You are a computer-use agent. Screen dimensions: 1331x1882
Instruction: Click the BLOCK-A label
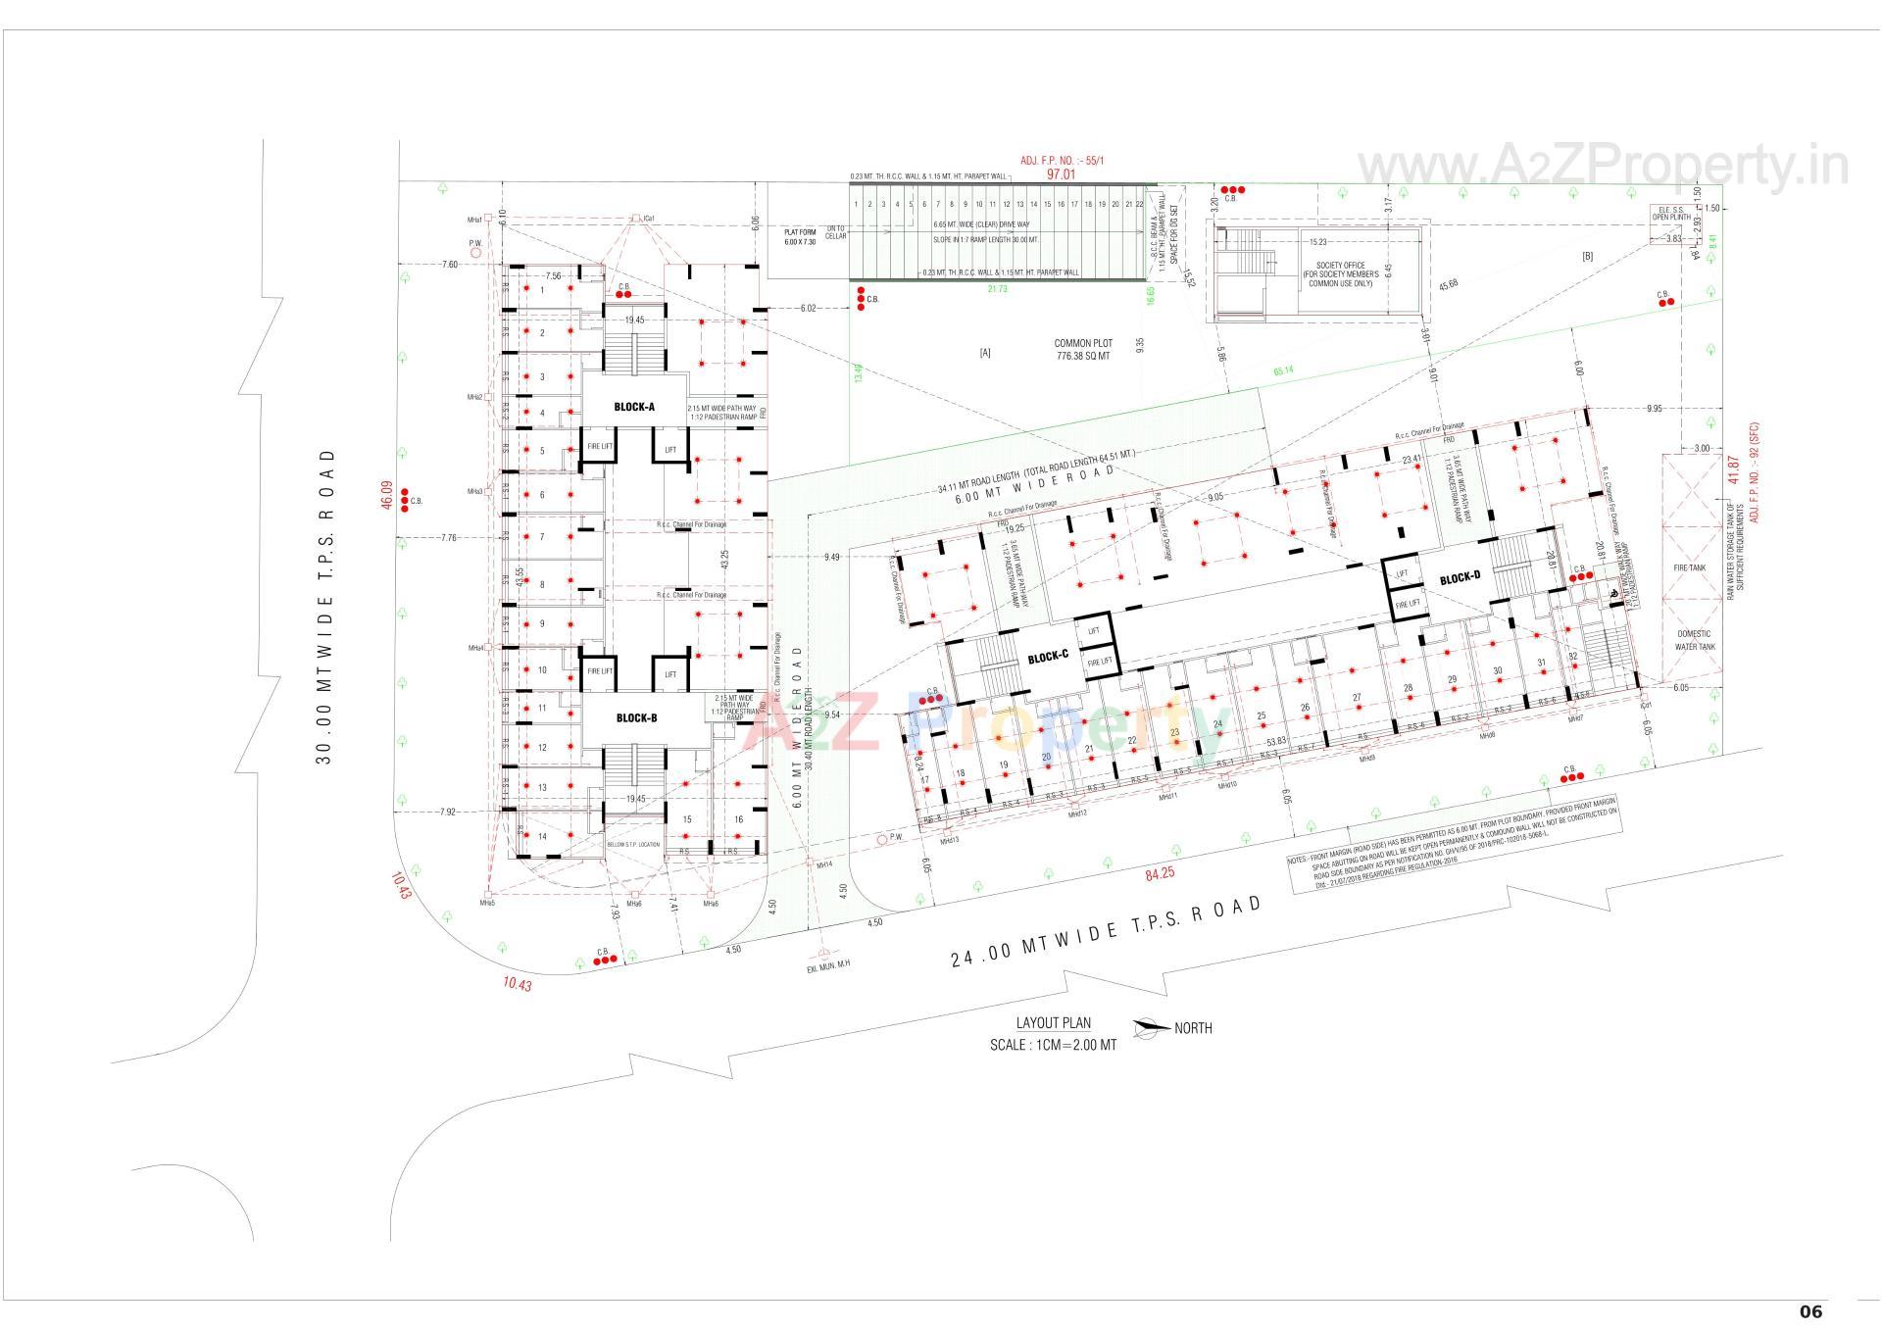634,407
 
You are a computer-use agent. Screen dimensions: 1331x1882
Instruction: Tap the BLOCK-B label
636,717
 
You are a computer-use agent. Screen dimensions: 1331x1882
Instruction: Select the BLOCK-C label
1048,657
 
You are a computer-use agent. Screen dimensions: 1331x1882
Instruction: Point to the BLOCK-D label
1460,578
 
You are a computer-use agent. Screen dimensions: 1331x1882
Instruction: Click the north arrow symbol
1151,1028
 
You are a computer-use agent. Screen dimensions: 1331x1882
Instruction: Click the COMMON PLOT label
1083,344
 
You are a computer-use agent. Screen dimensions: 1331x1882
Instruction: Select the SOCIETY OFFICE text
1340,266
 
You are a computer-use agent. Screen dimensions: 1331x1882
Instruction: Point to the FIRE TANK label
1691,567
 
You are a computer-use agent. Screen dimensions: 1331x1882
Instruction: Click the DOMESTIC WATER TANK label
1693,640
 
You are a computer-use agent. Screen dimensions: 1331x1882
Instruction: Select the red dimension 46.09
386,494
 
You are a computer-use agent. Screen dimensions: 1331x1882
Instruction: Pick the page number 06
1810,1311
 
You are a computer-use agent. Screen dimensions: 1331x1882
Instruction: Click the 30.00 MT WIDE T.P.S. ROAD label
324,608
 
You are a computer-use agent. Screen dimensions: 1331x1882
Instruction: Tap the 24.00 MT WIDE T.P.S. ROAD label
1107,930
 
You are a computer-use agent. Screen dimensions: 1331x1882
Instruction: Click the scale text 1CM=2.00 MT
1053,1044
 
